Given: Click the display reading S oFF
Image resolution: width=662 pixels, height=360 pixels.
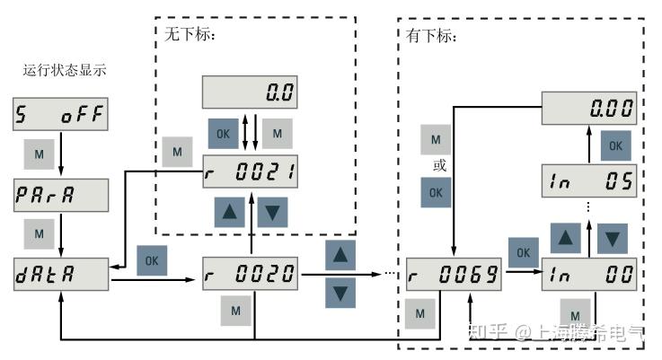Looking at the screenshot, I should [x=60, y=114].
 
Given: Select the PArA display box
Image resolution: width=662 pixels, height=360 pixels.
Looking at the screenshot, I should [x=60, y=193].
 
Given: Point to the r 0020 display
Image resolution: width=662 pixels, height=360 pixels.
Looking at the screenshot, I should [x=249, y=273].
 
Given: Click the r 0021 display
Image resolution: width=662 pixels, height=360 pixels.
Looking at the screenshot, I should [x=249, y=171].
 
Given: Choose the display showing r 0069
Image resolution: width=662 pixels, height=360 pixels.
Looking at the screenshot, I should [x=453, y=273].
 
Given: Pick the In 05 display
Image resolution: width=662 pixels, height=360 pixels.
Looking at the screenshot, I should [x=589, y=180].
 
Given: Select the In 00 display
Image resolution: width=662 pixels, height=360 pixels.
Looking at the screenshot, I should [x=589, y=273].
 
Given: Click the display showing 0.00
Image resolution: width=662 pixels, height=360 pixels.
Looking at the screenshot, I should [x=589, y=109].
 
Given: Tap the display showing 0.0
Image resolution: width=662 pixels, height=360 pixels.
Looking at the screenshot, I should [x=249, y=92].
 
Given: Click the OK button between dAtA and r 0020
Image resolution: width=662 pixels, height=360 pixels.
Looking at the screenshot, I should [x=151, y=260].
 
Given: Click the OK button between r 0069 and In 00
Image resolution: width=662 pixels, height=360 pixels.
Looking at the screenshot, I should [x=522, y=252].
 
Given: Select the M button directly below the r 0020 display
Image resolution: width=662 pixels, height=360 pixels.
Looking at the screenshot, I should [x=236, y=311].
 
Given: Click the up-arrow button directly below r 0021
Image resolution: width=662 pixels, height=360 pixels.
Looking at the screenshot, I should [x=229, y=211].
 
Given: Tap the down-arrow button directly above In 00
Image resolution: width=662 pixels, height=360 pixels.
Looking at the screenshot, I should [x=612, y=238].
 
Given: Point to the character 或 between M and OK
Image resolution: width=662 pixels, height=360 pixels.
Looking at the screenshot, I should [x=437, y=166].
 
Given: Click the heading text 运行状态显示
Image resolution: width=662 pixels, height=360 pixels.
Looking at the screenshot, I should [x=66, y=69].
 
